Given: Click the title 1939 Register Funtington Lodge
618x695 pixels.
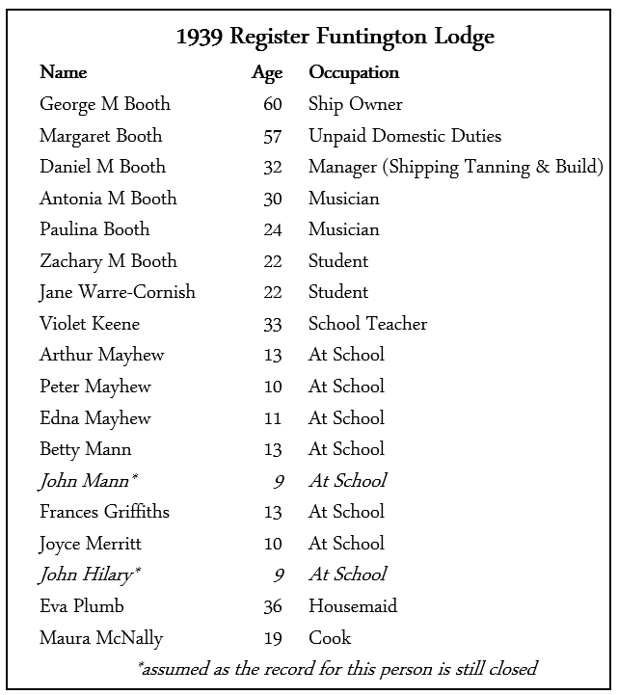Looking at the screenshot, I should (x=335, y=38).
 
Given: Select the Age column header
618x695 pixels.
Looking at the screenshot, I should (x=267, y=73).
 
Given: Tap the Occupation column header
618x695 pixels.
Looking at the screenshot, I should (x=354, y=73).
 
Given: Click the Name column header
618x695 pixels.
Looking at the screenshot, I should (x=63, y=73).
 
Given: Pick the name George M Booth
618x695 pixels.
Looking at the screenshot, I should (x=104, y=104).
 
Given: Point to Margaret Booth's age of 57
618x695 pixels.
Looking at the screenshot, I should (x=272, y=136).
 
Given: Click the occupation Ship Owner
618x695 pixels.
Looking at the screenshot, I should (x=356, y=104).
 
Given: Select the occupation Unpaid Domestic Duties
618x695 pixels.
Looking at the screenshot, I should (x=405, y=136).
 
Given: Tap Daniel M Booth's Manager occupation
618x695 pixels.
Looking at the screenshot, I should (x=455, y=167).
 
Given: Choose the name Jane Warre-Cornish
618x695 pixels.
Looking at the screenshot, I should (x=117, y=292).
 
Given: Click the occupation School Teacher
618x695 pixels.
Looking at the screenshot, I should (x=367, y=324).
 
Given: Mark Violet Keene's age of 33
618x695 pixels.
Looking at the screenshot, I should (x=272, y=324).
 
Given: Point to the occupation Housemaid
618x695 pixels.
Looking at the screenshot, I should (x=353, y=606).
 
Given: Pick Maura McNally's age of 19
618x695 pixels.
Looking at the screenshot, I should (x=272, y=638).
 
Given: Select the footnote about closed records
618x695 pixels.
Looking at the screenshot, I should (x=336, y=668).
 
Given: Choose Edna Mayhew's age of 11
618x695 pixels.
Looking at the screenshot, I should (x=272, y=418).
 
